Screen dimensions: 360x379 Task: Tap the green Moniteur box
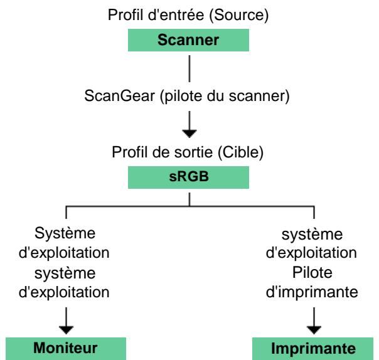(x=65, y=348)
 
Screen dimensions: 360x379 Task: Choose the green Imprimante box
(x=314, y=348)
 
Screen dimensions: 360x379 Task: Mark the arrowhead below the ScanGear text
(x=189, y=132)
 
